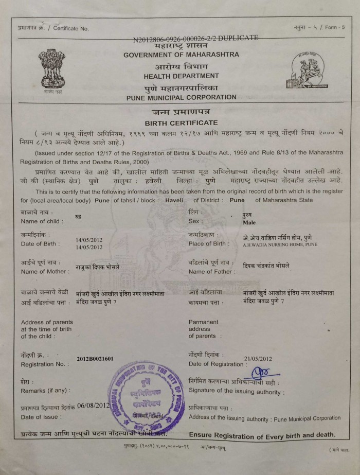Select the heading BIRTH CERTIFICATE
tap(181, 123)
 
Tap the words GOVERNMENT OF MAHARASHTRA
tap(181, 55)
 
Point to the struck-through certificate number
tap(195, 38)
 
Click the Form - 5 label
tap(334, 27)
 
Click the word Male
tap(249, 223)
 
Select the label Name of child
tap(42, 221)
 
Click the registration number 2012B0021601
tap(95, 359)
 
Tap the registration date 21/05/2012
tap(258, 359)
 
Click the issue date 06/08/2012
tap(94, 406)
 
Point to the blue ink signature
tap(262, 373)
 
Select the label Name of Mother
tap(45, 271)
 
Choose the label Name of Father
tap(211, 271)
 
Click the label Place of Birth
tap(209, 243)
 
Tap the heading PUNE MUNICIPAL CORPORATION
tap(181, 97)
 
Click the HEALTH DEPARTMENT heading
tap(181, 76)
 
